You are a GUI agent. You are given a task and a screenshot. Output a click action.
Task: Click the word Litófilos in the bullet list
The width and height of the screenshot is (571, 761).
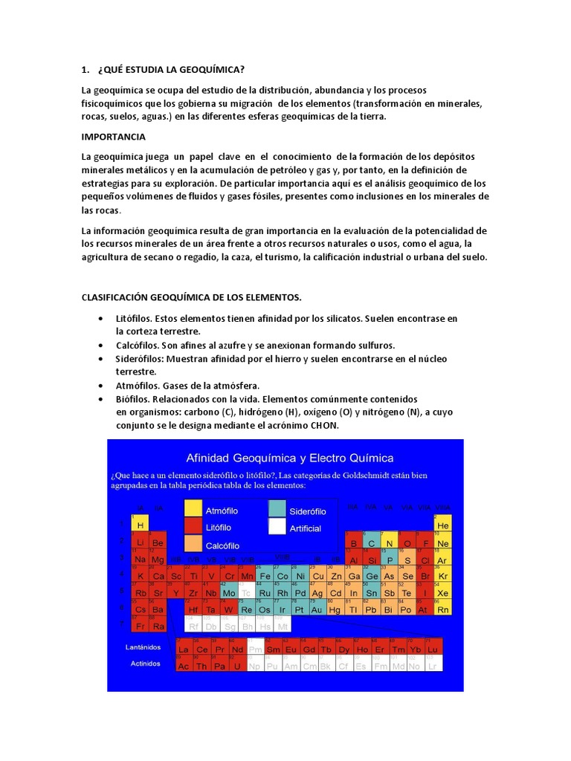(x=135, y=318)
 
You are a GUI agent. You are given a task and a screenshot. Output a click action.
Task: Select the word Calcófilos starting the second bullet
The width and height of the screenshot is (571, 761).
(x=138, y=346)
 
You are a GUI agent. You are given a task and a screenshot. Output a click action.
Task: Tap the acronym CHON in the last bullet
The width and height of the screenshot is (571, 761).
(x=323, y=426)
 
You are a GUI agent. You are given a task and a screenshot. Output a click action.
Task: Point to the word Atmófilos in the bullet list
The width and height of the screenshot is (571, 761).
(x=138, y=386)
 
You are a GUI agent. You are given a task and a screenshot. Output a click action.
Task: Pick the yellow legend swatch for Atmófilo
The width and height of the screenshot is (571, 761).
(x=192, y=508)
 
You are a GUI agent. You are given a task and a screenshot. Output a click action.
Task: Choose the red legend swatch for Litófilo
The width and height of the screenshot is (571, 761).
(x=192, y=527)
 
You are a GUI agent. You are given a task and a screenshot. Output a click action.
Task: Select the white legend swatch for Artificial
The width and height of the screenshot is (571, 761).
(x=277, y=527)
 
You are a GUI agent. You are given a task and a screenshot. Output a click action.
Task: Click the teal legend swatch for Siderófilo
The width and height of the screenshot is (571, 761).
(x=277, y=508)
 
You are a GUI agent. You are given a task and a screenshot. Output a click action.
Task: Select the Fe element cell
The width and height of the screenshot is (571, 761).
(x=264, y=575)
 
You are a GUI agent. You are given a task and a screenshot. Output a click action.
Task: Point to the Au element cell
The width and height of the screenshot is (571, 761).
(x=317, y=609)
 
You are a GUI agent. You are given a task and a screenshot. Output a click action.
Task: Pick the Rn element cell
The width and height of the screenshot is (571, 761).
(x=443, y=609)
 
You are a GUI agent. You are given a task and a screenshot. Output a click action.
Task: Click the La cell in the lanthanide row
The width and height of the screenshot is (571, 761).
(x=183, y=650)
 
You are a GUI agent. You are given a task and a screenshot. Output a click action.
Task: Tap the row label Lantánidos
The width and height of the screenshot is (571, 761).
(x=142, y=647)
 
